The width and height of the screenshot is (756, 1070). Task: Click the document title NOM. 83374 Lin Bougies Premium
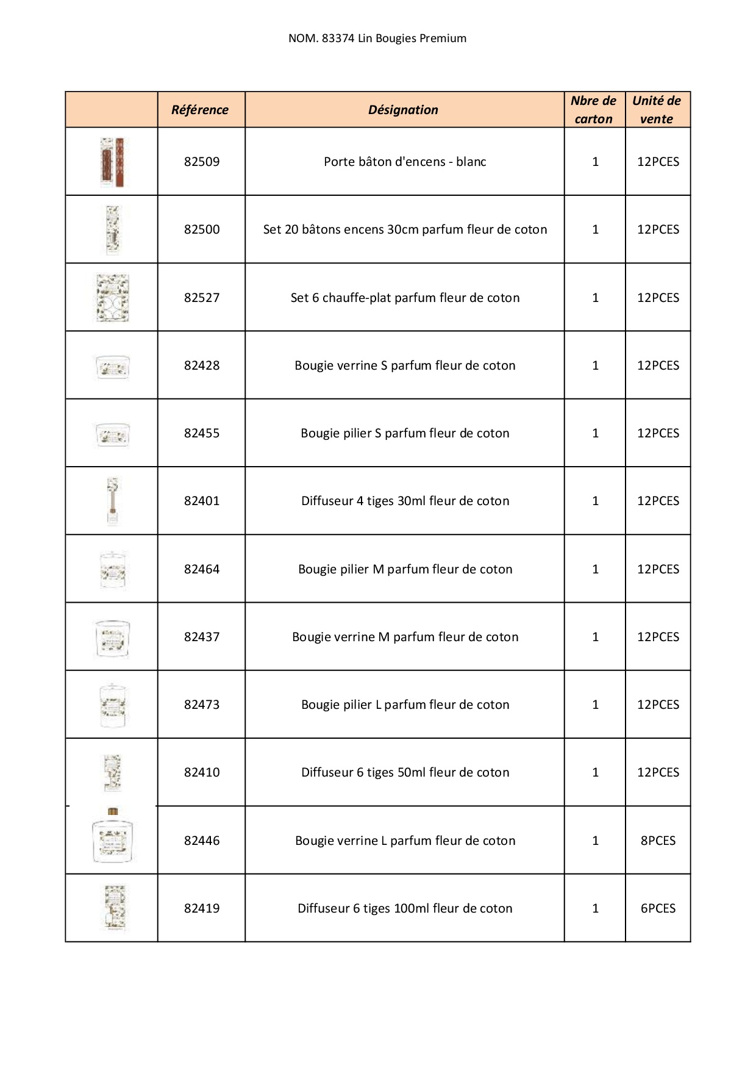tap(377, 38)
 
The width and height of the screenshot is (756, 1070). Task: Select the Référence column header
tap(200, 110)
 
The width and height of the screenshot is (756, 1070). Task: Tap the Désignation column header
tap(403, 110)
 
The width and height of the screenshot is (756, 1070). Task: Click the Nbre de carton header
tap(594, 110)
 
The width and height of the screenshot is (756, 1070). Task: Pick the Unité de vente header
tap(657, 110)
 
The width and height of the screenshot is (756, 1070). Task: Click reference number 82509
tap(202, 162)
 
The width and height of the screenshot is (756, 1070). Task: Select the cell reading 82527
tap(202, 298)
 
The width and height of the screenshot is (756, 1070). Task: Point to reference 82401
tap(202, 501)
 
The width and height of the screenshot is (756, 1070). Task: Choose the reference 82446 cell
tap(202, 841)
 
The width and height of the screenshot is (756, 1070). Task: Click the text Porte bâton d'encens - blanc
tap(405, 162)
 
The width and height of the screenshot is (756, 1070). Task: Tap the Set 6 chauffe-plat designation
tap(405, 298)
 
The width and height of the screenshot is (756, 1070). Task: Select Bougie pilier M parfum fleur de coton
tap(405, 569)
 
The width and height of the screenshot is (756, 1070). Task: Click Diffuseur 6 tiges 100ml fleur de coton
tap(405, 908)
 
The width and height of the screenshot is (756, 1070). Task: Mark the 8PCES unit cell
tap(658, 841)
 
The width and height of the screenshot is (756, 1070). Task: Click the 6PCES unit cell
tap(658, 908)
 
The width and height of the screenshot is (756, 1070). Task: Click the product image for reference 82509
tap(112, 162)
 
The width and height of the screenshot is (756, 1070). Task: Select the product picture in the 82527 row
tap(113, 298)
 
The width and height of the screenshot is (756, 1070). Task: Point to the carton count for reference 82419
tap(595, 908)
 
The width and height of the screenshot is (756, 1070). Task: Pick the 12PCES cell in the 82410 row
tap(658, 772)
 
